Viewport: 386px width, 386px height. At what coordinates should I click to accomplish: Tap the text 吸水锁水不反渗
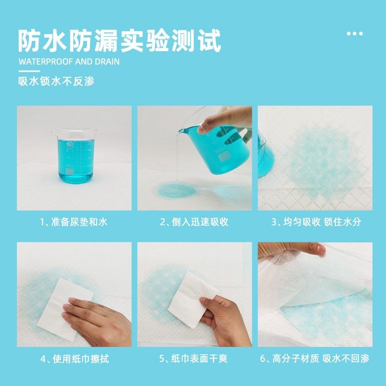pos(56,81)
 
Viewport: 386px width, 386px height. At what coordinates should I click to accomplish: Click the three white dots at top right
pos(355,34)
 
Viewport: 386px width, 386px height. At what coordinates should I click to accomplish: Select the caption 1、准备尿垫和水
pos(73,222)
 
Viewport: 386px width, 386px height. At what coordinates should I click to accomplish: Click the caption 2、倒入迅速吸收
pos(194,222)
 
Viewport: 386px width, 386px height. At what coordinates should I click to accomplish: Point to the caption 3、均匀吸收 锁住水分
pos(315,222)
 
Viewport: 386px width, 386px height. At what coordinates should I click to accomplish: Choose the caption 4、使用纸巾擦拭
pos(73,359)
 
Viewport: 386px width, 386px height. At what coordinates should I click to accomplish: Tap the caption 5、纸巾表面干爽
pos(194,359)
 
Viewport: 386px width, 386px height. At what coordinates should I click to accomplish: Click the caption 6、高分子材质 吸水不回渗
pos(315,359)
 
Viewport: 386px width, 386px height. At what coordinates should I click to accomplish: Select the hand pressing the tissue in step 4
pos(99,321)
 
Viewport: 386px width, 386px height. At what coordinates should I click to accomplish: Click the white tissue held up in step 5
pos(191,294)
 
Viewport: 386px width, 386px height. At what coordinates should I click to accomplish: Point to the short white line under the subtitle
pos(29,70)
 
